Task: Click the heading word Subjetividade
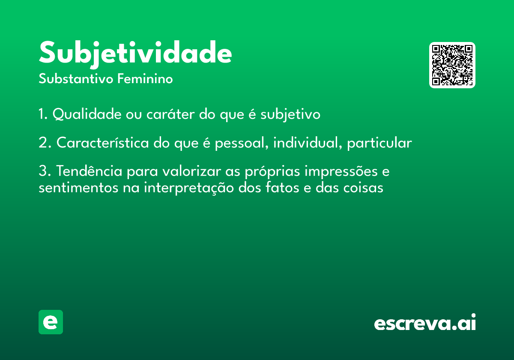135,54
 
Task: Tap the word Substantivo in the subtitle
76,78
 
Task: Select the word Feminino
145,78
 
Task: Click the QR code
452,65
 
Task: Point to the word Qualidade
87,114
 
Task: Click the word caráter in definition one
170,114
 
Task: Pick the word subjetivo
290,114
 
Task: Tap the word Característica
102,142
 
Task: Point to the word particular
380,143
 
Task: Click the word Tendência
89,171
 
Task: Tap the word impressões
341,171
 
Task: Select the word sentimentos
78,187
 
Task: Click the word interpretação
189,188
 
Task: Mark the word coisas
363,187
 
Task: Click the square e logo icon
51,322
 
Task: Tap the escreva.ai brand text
425,322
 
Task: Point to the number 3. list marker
45,171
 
